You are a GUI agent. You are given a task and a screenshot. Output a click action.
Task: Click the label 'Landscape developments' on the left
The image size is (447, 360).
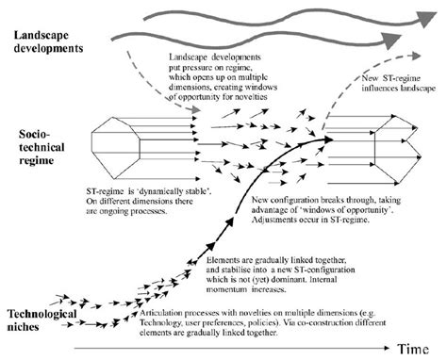click(x=45, y=43)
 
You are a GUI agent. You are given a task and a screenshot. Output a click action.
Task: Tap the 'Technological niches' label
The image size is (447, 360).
click(x=38, y=317)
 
